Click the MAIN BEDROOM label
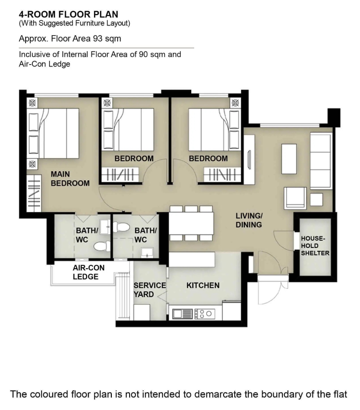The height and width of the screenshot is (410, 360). (70, 178)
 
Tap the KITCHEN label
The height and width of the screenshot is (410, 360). (203, 285)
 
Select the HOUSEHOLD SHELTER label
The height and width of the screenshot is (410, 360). (315, 246)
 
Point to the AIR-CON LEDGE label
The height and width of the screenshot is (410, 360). (89, 272)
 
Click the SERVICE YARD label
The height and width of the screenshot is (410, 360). (150, 290)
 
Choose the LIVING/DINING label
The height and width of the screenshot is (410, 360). (249, 220)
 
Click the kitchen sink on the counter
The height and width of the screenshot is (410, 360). (183, 314)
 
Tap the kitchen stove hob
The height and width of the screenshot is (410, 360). (205, 314)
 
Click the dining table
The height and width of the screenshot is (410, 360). (191, 223)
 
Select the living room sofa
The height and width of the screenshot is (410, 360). (321, 161)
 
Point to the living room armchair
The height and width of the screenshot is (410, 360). (295, 198)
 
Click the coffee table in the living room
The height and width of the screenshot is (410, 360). (289, 159)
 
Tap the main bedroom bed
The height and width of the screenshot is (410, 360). (53, 133)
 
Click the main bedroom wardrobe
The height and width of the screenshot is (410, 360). (34, 193)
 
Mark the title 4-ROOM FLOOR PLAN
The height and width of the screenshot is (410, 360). (68, 14)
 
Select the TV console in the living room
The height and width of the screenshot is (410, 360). (249, 160)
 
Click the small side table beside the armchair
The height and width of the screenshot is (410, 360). (316, 200)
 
